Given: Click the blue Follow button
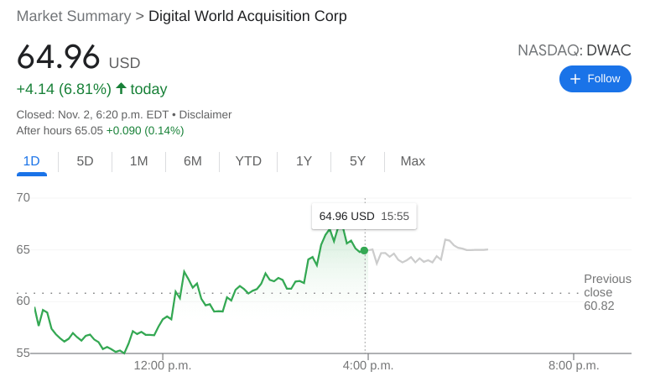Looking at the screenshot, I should pos(595,79).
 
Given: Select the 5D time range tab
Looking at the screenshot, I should pos(85,161).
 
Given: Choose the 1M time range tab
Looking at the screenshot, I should pos(138,161).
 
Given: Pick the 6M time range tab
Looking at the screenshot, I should pos(192,161).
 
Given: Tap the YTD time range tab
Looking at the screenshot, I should pos(248,161).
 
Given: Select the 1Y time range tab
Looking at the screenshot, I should pos(304,161).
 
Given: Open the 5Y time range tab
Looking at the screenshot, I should pos(357,161).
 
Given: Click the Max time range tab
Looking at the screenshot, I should pos(413,161).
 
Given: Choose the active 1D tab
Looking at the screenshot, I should pos(31,161).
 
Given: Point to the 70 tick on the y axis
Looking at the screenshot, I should pos(23,198).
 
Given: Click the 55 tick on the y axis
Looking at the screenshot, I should pos(23,353).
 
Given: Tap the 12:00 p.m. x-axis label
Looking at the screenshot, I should pos(162,367).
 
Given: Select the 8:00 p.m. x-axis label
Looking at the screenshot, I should pos(573,367).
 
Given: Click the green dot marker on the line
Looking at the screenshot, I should pos(364,250).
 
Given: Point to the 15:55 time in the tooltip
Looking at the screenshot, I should pos(394,217).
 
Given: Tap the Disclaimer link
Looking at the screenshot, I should pos(205,114).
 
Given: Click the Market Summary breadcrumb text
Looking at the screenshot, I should pos(74,16).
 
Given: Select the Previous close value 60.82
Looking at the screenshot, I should pos(599,306).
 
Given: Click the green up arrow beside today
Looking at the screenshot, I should pos(121,88).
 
